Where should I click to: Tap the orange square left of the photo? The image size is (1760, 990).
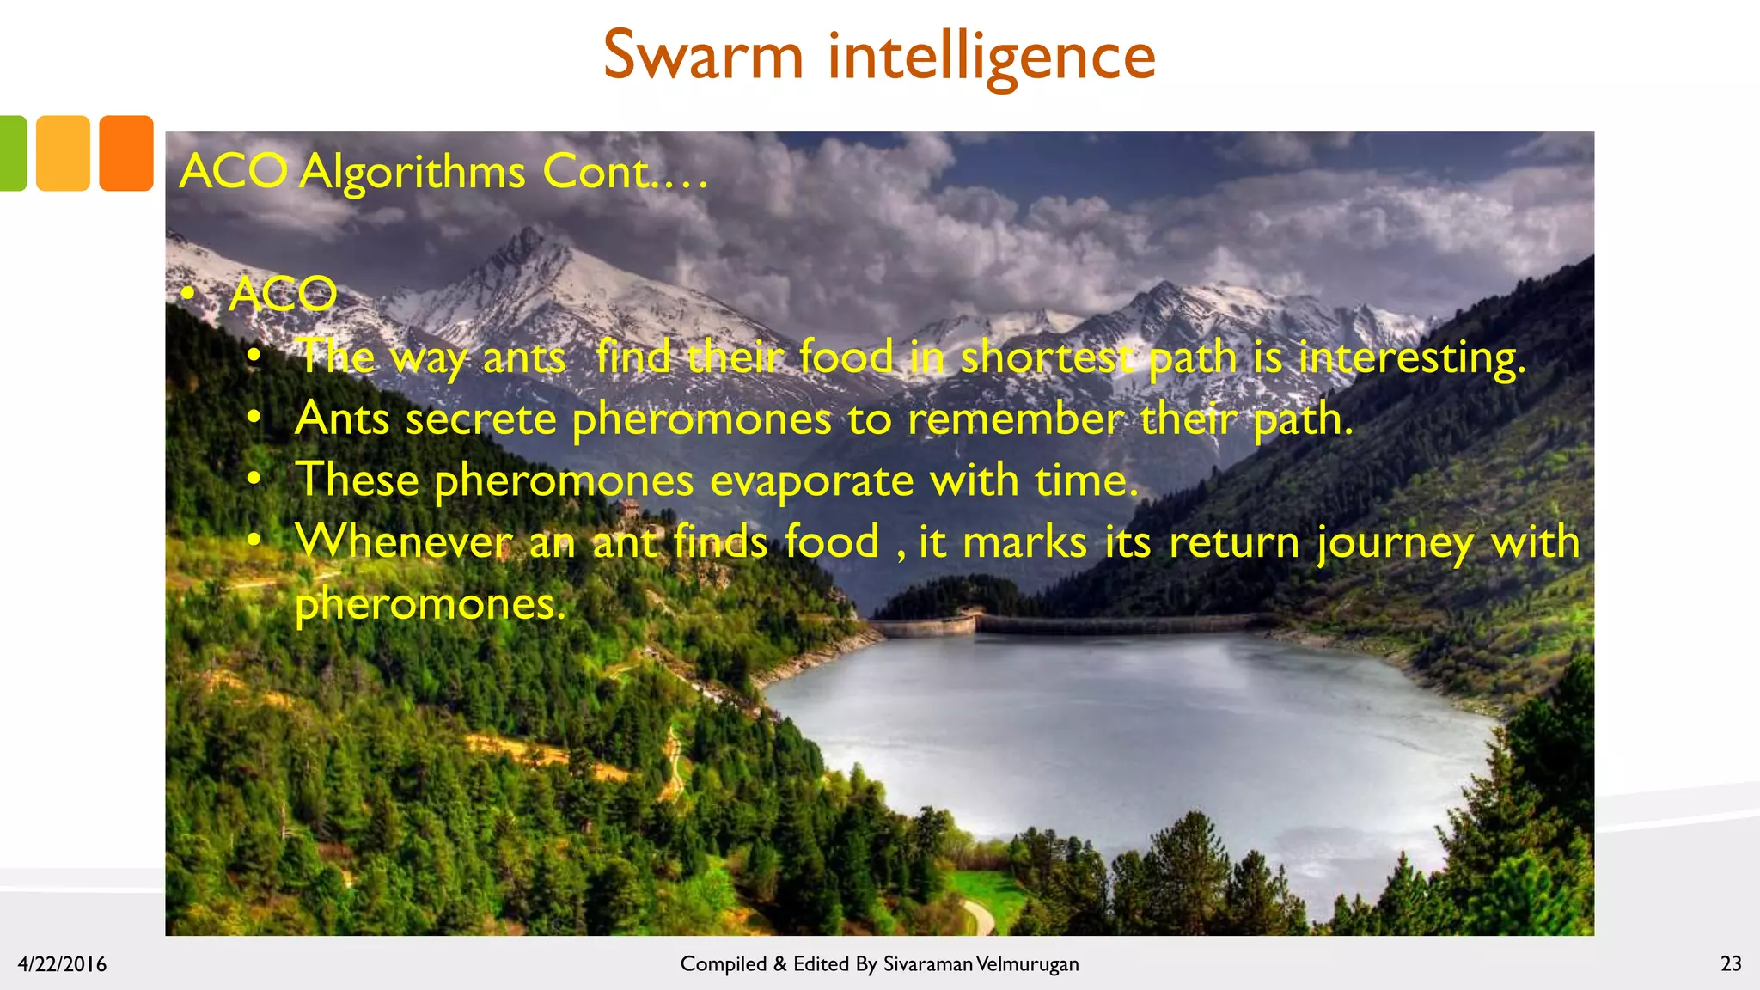pyautogui.click(x=125, y=153)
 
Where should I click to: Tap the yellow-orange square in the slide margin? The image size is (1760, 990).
pyautogui.click(x=63, y=153)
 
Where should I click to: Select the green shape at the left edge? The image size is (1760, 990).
pyautogui.click(x=12, y=153)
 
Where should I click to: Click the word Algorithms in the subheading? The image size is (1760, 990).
pyautogui.click(x=412, y=172)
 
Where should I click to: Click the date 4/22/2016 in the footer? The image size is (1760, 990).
pyautogui.click(x=62, y=964)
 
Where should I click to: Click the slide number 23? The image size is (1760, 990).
pyautogui.click(x=1731, y=963)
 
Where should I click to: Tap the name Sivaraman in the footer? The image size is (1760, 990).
pyautogui.click(x=927, y=964)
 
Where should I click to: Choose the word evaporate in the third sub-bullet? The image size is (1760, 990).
pyautogui.click(x=811, y=480)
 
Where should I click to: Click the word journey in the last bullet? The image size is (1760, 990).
pyautogui.click(x=1395, y=543)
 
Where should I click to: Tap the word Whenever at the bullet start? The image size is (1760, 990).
pyautogui.click(x=404, y=542)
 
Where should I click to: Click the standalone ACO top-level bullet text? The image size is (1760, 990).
pyautogui.click(x=283, y=295)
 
